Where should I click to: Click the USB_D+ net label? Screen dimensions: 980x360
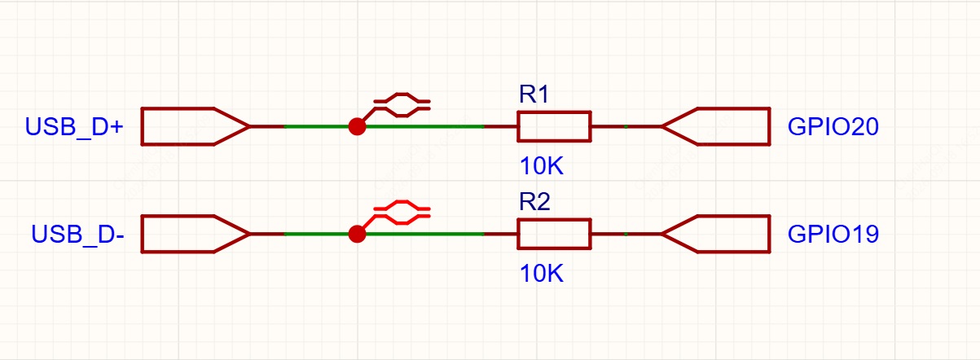tap(74, 127)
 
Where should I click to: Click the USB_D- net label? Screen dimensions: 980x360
tap(78, 234)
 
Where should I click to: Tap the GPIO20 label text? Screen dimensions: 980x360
tap(833, 127)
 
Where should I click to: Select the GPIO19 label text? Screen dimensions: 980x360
tap(833, 234)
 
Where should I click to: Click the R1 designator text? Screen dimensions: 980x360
tap(534, 94)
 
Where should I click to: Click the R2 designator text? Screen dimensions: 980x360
tap(534, 202)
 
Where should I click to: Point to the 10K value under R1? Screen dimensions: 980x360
tap(541, 166)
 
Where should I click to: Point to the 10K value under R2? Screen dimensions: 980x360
tap(541, 274)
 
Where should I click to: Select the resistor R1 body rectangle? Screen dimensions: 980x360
tap(554, 112)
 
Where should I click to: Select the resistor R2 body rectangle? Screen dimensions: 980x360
tap(554, 220)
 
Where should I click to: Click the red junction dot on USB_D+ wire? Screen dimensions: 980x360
tap(357, 127)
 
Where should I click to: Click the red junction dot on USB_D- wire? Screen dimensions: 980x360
tap(357, 234)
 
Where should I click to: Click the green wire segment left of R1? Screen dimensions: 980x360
tap(385, 127)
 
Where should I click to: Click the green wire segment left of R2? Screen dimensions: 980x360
tap(385, 234)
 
